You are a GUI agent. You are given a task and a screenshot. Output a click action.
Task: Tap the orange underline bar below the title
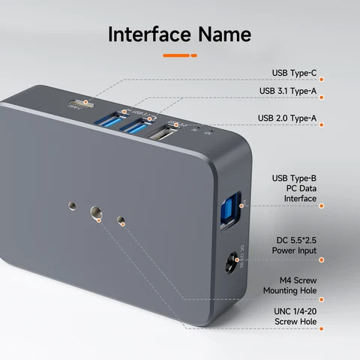click(180, 55)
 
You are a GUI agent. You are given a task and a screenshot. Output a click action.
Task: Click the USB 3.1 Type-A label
click(288, 91)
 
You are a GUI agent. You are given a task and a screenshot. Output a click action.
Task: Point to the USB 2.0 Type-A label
click(288, 118)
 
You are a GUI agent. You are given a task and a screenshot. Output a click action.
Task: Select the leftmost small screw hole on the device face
click(71, 204)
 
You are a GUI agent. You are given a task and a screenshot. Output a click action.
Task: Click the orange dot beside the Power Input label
click(322, 259)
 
